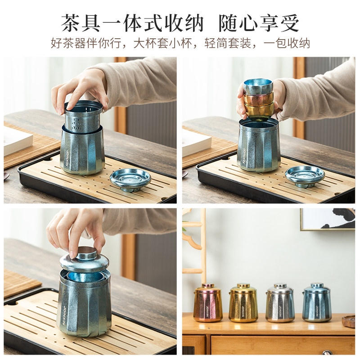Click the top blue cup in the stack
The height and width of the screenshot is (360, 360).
[258, 86]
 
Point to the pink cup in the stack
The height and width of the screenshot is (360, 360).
[258, 99]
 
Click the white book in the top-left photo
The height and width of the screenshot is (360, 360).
[17, 140]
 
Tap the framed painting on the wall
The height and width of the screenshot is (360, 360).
[328, 219]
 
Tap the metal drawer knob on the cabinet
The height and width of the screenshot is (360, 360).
[328, 352]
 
